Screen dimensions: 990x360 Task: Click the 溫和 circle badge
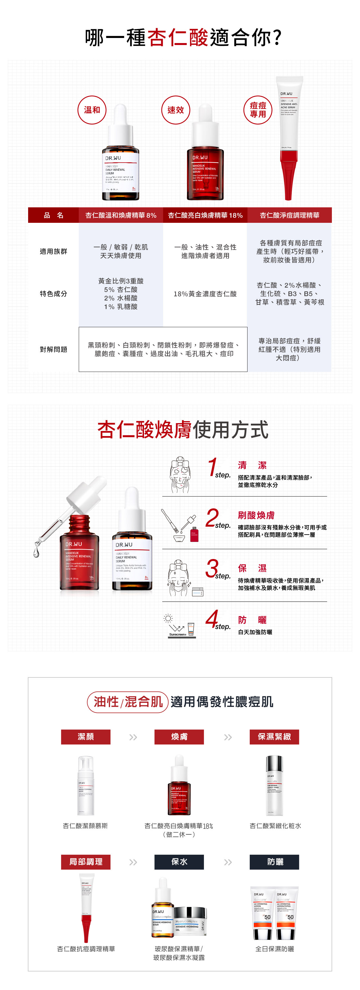pos(92,110)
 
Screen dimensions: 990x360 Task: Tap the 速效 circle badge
pos(175,110)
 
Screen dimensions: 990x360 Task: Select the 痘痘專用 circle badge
pos(258,110)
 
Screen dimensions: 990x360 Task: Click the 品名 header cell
pos(53,215)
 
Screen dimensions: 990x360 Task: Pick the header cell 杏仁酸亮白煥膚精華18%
pos(205,215)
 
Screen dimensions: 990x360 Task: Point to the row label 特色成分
pos(53,294)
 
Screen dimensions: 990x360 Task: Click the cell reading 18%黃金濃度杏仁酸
pos(205,294)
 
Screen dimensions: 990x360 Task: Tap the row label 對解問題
pos(53,349)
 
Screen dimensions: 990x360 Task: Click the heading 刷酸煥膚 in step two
pos(256,515)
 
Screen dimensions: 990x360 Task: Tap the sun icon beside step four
pos(168,618)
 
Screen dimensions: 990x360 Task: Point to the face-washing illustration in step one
pos(180,475)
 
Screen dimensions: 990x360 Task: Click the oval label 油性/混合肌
pos(128,702)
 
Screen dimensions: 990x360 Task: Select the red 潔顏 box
pos(86,736)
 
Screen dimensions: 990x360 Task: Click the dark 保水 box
pos(179,862)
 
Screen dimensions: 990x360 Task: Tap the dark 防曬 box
pos(274,862)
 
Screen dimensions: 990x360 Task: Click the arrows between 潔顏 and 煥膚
pos(133,737)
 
